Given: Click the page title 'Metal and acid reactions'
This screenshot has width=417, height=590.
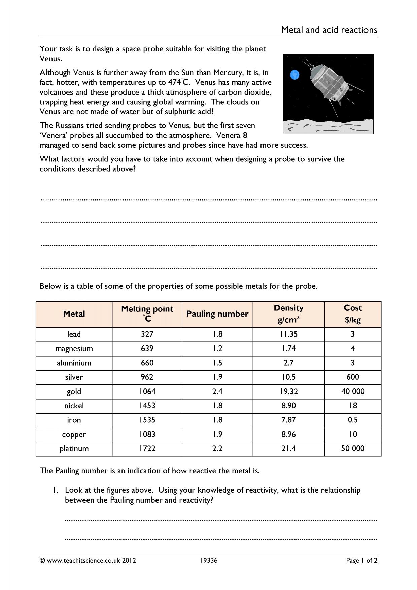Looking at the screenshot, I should [329, 30].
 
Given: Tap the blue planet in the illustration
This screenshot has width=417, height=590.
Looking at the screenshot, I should [294, 74].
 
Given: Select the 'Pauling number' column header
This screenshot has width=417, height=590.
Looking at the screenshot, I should [217, 314].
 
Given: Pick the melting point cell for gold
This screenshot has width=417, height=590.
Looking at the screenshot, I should [147, 391].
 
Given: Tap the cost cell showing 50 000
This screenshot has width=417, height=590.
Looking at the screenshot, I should [352, 448].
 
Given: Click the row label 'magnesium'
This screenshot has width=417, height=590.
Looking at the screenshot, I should [74, 348].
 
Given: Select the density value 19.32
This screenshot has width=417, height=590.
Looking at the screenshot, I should [288, 391].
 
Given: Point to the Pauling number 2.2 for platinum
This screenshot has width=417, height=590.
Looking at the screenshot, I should [217, 448].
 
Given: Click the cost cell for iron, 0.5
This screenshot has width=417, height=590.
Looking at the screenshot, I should [352, 420].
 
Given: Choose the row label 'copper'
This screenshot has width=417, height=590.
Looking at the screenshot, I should [74, 434].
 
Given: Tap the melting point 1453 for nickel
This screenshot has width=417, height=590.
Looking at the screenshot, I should [147, 406].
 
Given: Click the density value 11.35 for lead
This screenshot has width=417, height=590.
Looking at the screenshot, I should [288, 334].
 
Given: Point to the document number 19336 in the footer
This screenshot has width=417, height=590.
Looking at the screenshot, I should [209, 560].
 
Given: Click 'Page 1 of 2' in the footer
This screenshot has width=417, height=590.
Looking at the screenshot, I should [361, 560].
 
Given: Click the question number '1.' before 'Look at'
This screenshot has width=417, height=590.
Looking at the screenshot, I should [56, 490].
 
